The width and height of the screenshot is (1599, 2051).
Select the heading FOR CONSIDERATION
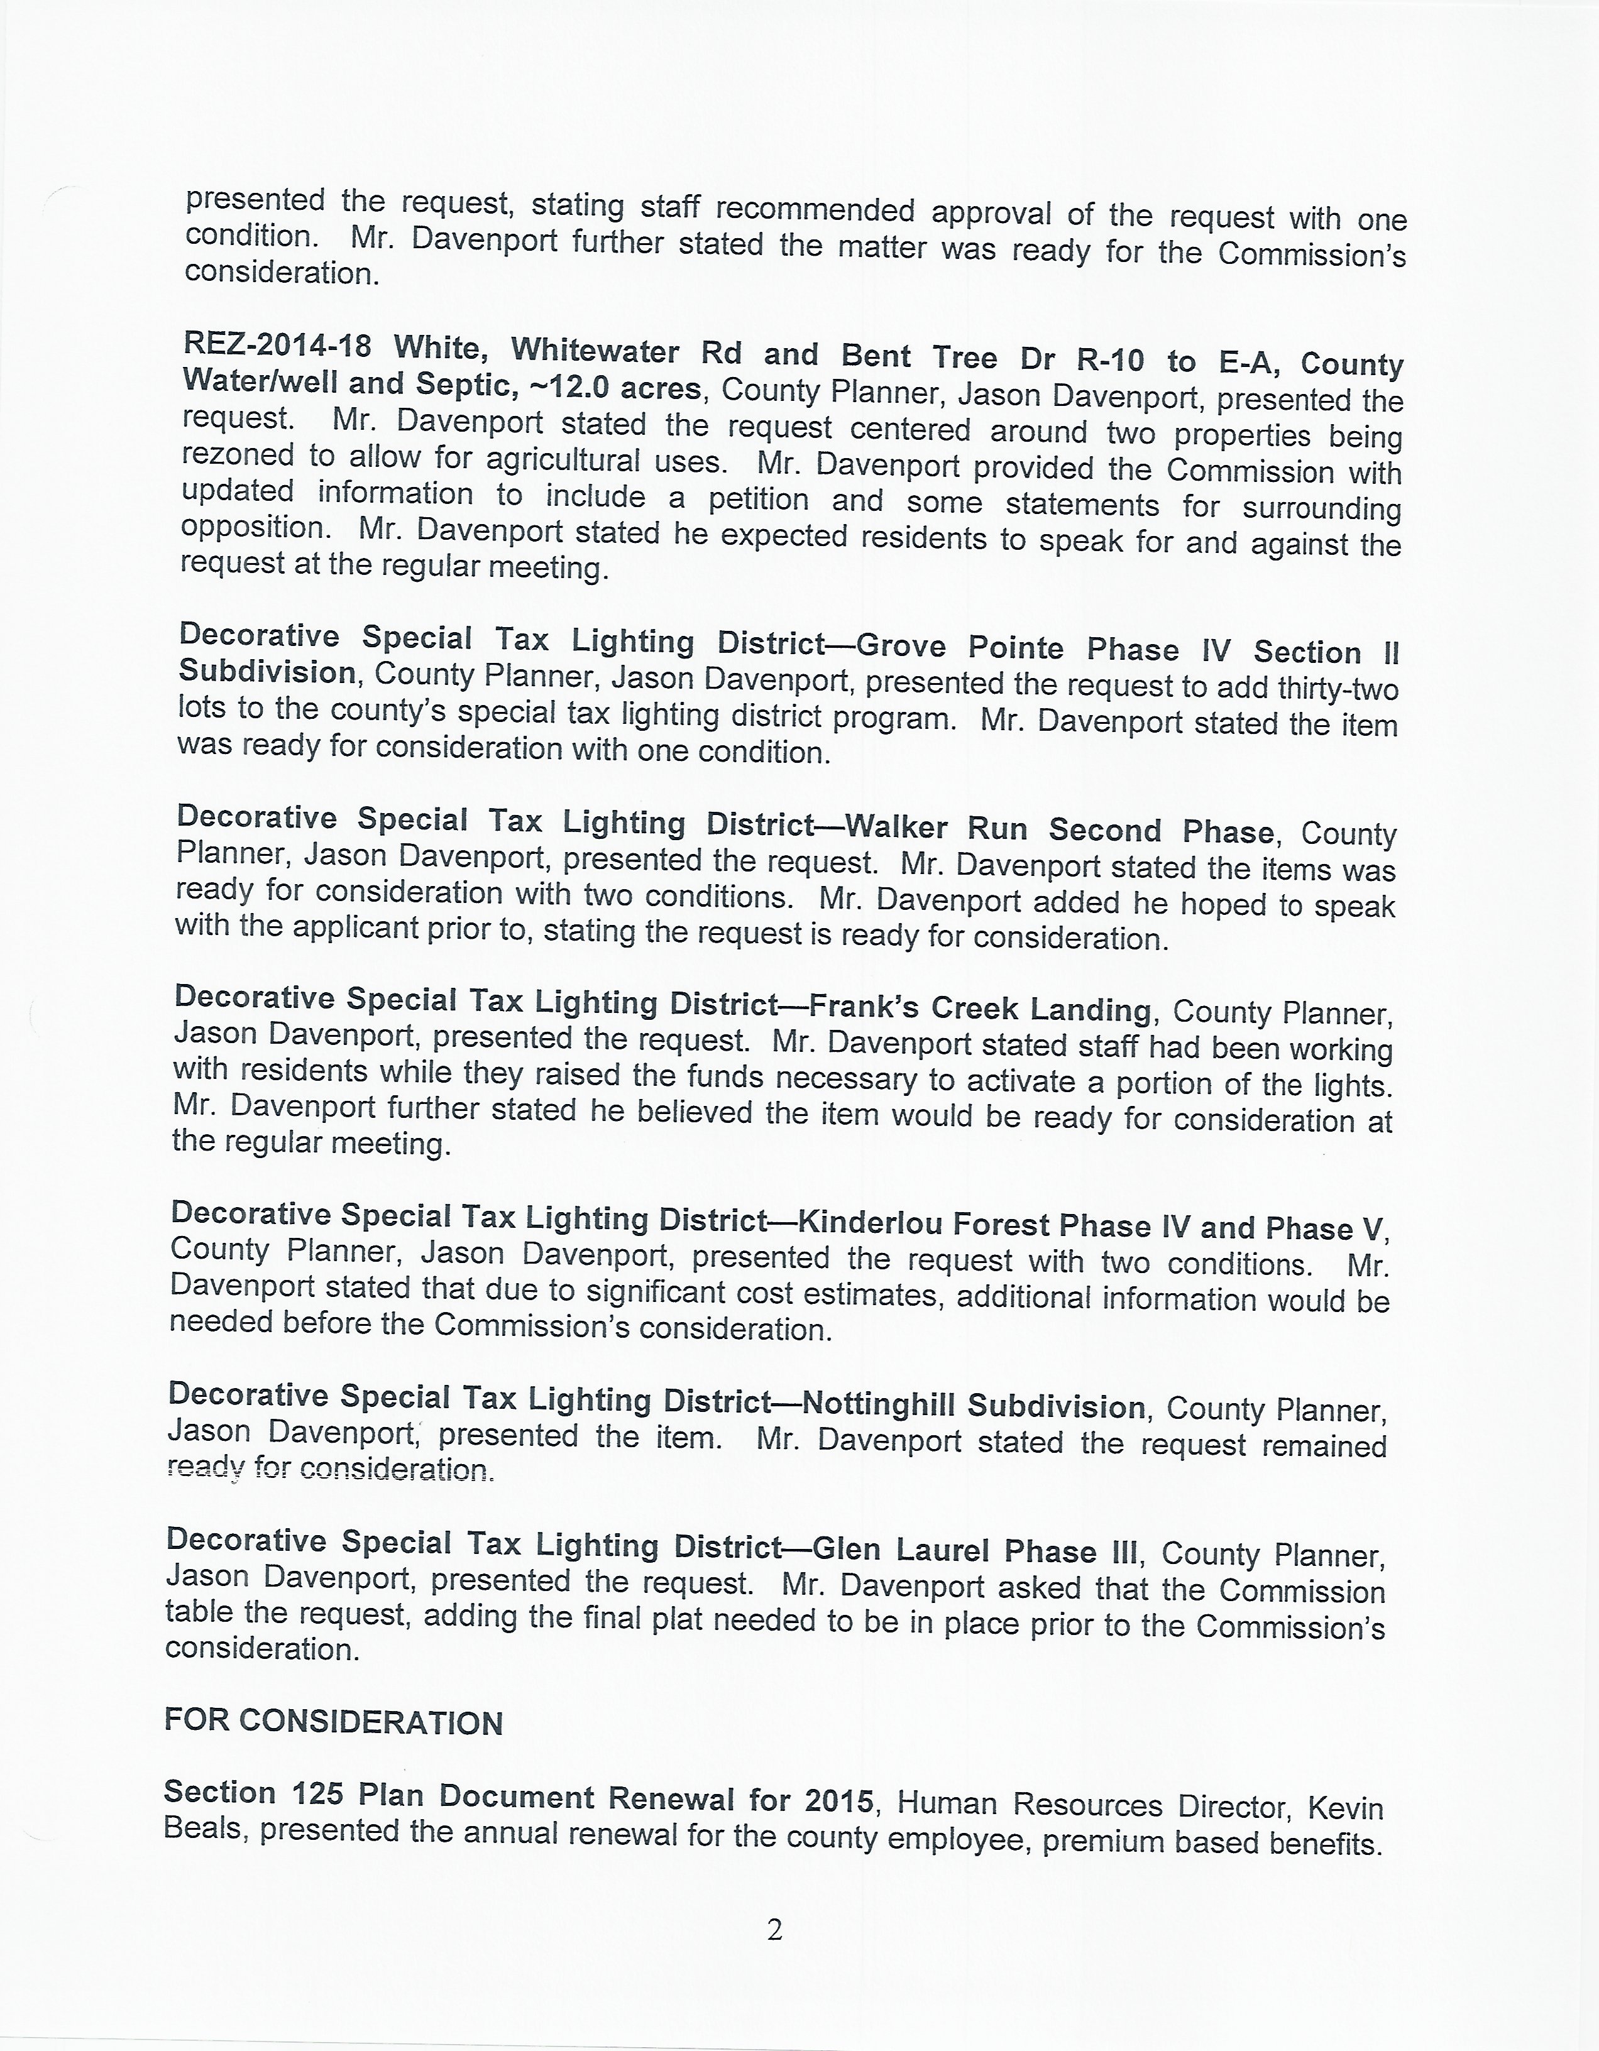tap(334, 1721)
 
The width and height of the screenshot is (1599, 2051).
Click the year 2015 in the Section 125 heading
tap(840, 1797)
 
